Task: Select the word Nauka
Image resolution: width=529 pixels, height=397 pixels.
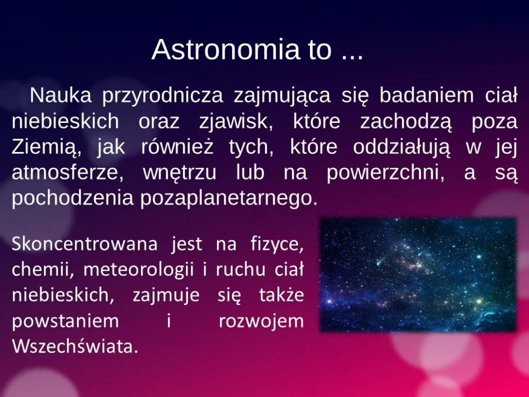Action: (x=61, y=96)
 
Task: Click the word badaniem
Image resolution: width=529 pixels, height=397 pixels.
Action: (x=427, y=96)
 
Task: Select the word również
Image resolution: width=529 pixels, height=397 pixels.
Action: (x=178, y=147)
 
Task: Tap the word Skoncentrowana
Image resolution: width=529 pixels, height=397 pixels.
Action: (x=85, y=244)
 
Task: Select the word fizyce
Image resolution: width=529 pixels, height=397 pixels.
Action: (x=277, y=245)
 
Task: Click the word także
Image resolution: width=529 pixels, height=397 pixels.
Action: (x=282, y=295)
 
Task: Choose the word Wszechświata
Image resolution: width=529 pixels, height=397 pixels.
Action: (x=75, y=346)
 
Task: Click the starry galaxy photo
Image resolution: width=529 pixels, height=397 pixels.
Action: (x=418, y=275)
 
